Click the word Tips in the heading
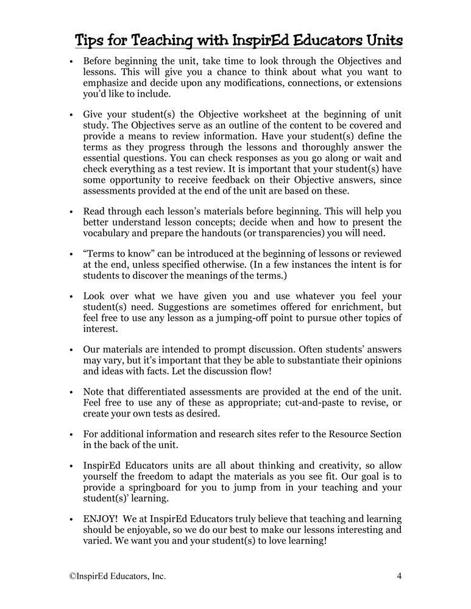click(90, 41)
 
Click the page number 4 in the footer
click(398, 576)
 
